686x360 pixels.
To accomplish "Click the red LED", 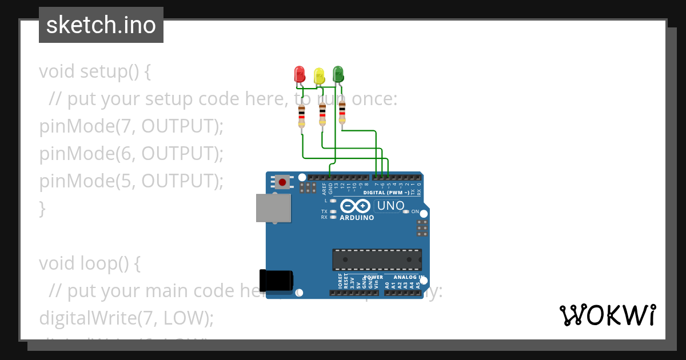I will coord(300,74).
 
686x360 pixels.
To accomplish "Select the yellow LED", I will coord(319,75).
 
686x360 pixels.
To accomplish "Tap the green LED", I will coord(338,73).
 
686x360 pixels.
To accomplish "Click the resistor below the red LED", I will coord(302,116).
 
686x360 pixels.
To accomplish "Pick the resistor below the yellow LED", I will coord(322,114).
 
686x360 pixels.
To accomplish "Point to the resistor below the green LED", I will coord(342,111).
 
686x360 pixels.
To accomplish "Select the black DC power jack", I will coord(276,280).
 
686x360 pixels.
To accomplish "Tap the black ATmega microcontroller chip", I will coord(377,259).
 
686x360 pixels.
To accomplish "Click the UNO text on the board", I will coord(391,206).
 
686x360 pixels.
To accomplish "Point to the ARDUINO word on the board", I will coord(357,218).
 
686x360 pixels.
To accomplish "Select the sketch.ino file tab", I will coord(101,25).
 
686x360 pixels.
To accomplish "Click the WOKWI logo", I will coord(607,315).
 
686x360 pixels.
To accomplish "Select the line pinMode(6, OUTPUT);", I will coord(131,154).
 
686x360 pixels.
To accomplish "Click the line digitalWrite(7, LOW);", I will coord(126,318).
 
